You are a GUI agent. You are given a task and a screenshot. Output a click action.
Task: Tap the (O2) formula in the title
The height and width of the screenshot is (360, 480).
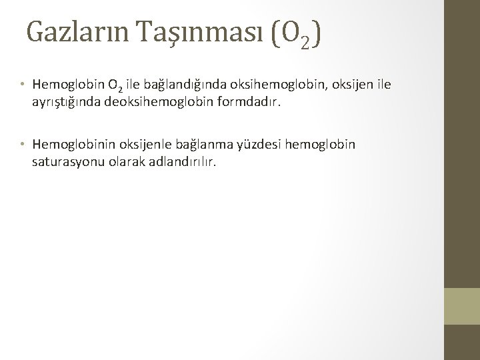(x=294, y=33)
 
